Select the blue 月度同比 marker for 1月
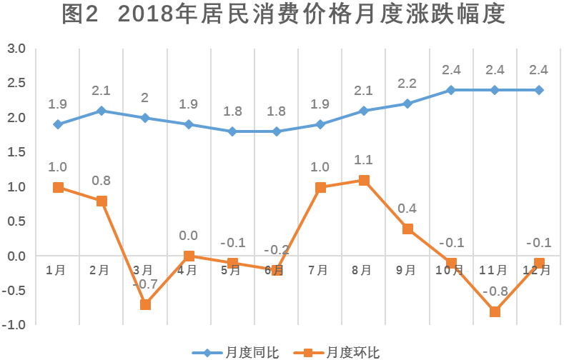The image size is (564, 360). tap(58, 124)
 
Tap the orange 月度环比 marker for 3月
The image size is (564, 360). tap(145, 304)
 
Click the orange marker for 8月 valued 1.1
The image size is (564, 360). tap(364, 180)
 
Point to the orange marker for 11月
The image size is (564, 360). tap(495, 311)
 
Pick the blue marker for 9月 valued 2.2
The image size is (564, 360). tap(407, 104)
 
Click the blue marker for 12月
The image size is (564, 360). tap(539, 90)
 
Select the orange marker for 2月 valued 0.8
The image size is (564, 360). tap(102, 201)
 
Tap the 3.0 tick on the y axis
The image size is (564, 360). tap(16, 49)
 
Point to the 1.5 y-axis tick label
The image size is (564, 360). tap(16, 152)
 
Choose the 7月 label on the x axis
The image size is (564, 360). tap(318, 270)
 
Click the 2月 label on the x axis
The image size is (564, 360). tap(99, 270)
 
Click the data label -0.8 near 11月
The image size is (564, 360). tap(495, 291)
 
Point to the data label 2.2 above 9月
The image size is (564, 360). tap(407, 84)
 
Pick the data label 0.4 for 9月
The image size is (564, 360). tap(407, 209)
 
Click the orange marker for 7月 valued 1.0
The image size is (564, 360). tap(320, 187)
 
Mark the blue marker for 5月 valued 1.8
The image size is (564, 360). tap(232, 131)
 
